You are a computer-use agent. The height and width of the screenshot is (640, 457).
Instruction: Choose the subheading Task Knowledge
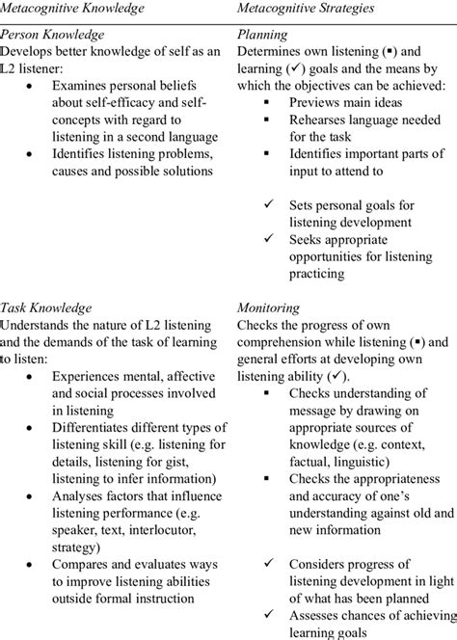(x=46, y=308)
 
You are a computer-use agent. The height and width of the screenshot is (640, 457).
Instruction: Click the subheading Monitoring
(x=267, y=308)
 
